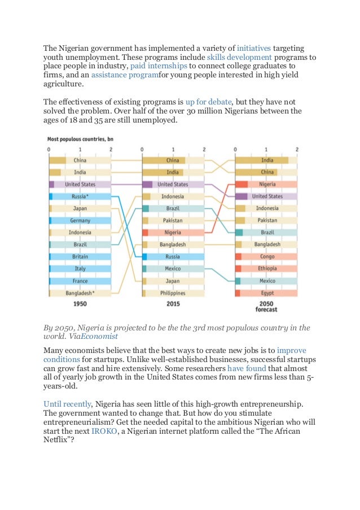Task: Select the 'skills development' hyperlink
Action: [239, 58]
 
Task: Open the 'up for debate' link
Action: [212, 102]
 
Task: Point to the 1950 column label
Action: [80, 304]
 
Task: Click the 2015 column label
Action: [173, 304]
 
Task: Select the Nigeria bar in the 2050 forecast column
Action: [266, 184]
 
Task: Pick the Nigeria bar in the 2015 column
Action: [173, 233]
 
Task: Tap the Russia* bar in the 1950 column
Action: [80, 197]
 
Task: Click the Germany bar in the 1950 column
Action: [80, 220]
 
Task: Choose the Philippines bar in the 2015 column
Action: [173, 293]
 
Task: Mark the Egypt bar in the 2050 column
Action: [266, 293]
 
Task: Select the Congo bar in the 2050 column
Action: [266, 257]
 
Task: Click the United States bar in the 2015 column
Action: [173, 184]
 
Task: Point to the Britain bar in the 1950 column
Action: [80, 257]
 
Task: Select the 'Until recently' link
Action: [67, 404]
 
